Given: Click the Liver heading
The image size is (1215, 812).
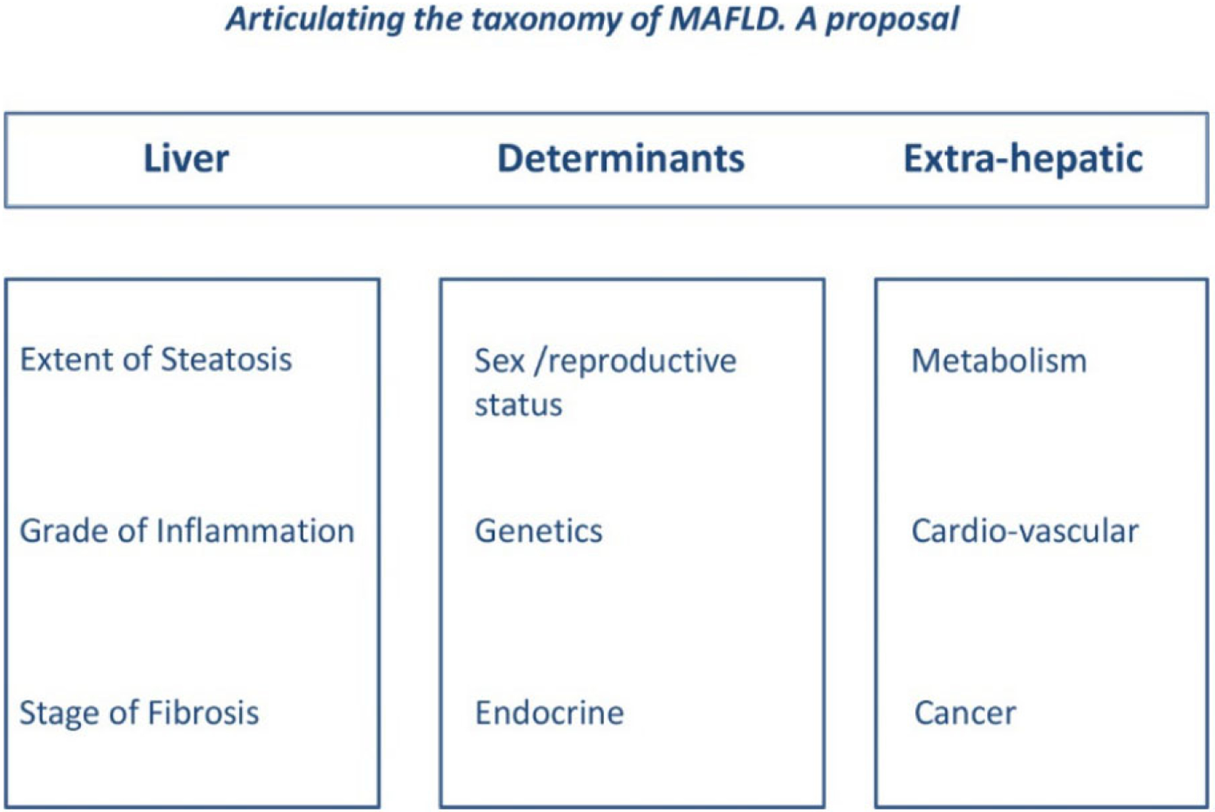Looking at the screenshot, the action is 186,159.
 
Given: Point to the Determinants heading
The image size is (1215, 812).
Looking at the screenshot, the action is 621,159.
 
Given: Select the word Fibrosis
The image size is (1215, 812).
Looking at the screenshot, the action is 203,713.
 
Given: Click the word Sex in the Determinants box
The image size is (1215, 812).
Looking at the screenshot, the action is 500,361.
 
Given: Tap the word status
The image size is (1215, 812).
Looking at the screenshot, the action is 518,405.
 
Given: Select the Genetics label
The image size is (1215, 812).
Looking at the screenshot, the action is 539,531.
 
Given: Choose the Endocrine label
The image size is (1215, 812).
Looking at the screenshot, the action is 549,713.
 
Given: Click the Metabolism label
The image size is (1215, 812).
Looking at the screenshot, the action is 999,361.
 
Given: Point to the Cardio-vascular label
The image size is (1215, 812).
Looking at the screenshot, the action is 1025,531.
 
